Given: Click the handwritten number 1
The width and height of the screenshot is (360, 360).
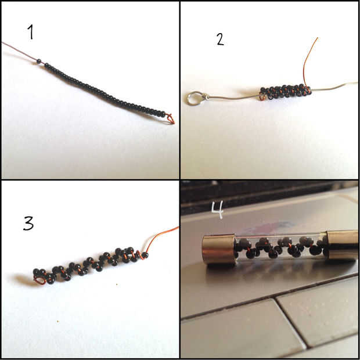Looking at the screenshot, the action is pos(31,32).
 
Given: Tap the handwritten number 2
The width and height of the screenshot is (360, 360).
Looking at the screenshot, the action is pos(220,39).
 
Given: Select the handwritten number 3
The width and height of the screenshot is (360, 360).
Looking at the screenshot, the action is pos(28,223).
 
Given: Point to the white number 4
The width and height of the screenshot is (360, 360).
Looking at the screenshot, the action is pos(217,210).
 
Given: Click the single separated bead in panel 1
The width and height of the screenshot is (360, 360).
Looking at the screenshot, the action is pos(38,61).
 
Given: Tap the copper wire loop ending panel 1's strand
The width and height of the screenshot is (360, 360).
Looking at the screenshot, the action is pos(170,118).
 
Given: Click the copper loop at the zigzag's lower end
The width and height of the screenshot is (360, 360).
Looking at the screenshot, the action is pos(39,280).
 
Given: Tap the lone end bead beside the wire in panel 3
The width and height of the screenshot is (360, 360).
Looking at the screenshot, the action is pos(145,255).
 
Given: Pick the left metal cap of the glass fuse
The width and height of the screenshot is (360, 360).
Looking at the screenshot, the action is pos(218,249).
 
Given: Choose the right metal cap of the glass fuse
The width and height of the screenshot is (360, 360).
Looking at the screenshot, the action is pos(343,245).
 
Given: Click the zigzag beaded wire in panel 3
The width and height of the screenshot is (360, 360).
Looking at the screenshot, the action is pos(91,265).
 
